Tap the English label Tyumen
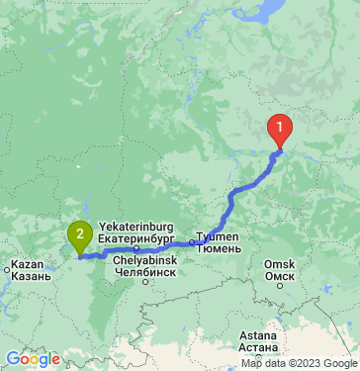tap(220, 237)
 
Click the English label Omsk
tap(280, 264)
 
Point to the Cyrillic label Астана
tap(258, 348)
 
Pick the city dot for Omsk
tap(280, 287)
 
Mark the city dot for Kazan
tap(7, 267)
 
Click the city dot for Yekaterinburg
tap(136, 248)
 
